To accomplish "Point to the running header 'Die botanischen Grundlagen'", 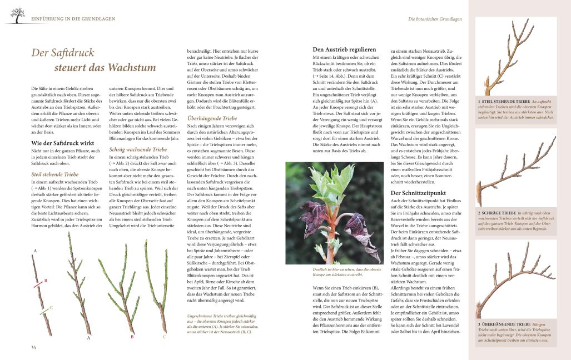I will click(435, 19).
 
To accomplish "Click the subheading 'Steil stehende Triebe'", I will click(55, 174).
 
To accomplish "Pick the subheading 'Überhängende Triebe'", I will click(212, 118).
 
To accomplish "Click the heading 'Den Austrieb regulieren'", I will click(347, 50).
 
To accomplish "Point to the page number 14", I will click(33, 347).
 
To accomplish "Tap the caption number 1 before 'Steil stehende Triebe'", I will click(479, 102).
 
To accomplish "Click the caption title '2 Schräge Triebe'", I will click(496, 213).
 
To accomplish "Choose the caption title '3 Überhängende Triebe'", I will click(504, 324).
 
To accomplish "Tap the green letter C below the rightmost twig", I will click(165, 336).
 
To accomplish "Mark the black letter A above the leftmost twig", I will click(35, 252).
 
